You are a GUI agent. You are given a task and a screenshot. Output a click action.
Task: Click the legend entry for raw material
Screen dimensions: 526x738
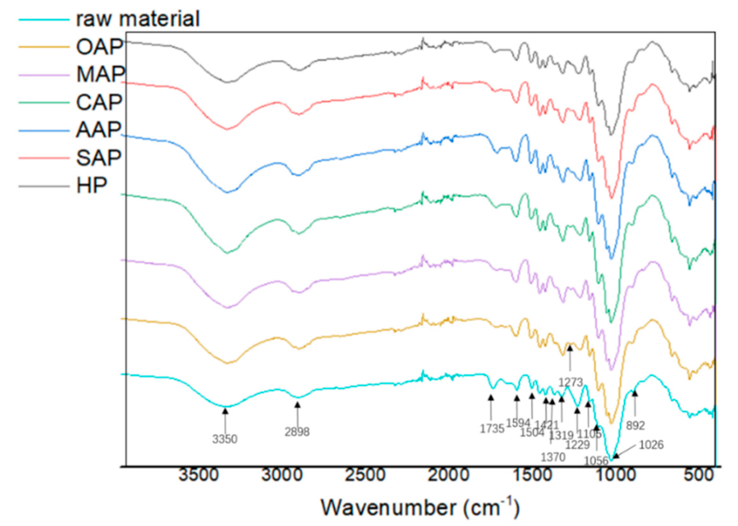click(x=138, y=19)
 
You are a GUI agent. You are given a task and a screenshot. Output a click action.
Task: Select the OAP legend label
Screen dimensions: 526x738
click(x=99, y=47)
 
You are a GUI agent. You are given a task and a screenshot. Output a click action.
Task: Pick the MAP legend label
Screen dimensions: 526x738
click(x=100, y=74)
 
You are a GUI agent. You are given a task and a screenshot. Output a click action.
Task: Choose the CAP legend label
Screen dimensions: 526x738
click(x=99, y=102)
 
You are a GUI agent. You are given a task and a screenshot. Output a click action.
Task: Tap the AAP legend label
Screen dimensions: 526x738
click(x=98, y=130)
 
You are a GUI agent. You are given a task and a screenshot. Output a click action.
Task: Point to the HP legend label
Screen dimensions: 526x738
click(x=91, y=186)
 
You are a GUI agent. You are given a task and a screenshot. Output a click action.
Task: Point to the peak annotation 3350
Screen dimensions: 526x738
click(x=225, y=439)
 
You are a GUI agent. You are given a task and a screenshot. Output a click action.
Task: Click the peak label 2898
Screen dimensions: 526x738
click(x=297, y=432)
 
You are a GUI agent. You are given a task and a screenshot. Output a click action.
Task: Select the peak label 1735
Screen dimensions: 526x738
click(x=492, y=429)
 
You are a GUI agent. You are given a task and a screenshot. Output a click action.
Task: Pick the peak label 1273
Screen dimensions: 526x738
click(x=571, y=382)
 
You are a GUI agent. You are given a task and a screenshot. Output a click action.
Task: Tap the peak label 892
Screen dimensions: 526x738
click(x=635, y=426)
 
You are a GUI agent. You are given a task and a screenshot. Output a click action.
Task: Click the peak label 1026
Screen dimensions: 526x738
click(x=651, y=445)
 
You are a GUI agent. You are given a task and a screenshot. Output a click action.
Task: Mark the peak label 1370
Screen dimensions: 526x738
click(x=553, y=457)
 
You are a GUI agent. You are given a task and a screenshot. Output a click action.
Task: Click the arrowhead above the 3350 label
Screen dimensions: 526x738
click(x=225, y=411)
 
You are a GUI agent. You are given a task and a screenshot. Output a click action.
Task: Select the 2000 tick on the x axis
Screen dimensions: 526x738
click(x=448, y=476)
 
